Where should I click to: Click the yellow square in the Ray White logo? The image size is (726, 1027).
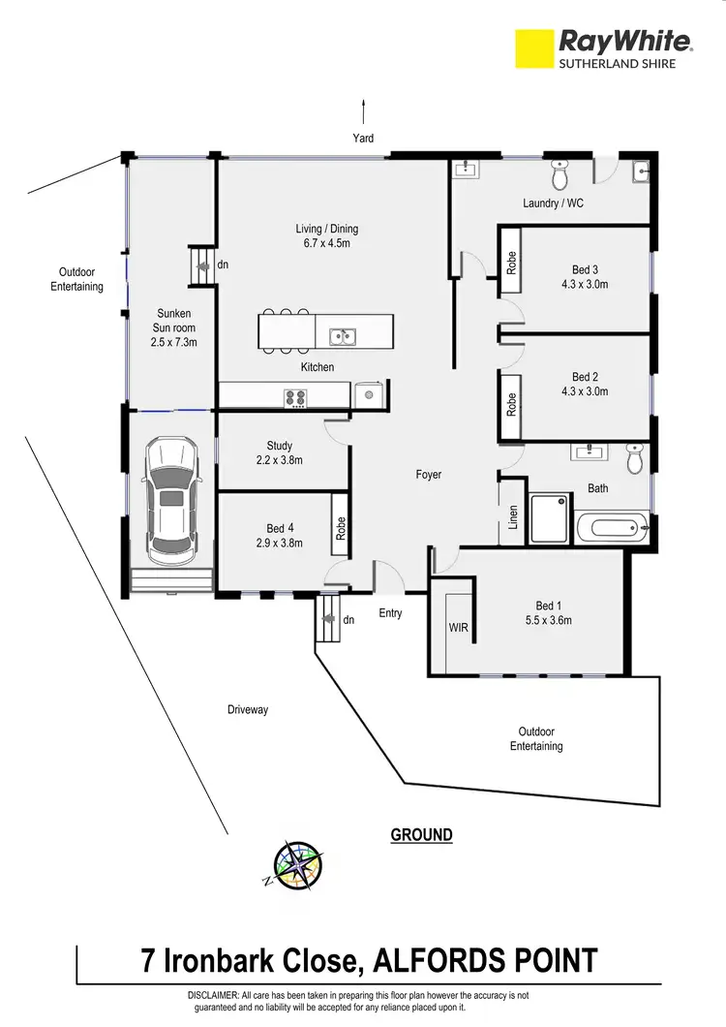[x=532, y=48]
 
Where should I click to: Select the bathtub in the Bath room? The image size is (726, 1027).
[x=612, y=529]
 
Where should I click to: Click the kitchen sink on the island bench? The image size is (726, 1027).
[x=341, y=336]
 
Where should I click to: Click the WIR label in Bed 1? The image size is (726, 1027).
[x=458, y=628]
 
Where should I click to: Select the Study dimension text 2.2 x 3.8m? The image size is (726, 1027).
[x=279, y=460]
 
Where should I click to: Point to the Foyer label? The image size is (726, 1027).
[x=428, y=475]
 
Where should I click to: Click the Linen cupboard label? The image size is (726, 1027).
[x=513, y=517]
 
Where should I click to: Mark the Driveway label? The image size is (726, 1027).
[x=247, y=710]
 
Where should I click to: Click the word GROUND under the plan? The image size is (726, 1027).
[x=421, y=834]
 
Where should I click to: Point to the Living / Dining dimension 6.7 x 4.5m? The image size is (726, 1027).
[x=327, y=243]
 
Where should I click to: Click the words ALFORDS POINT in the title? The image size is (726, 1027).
[x=487, y=962]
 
